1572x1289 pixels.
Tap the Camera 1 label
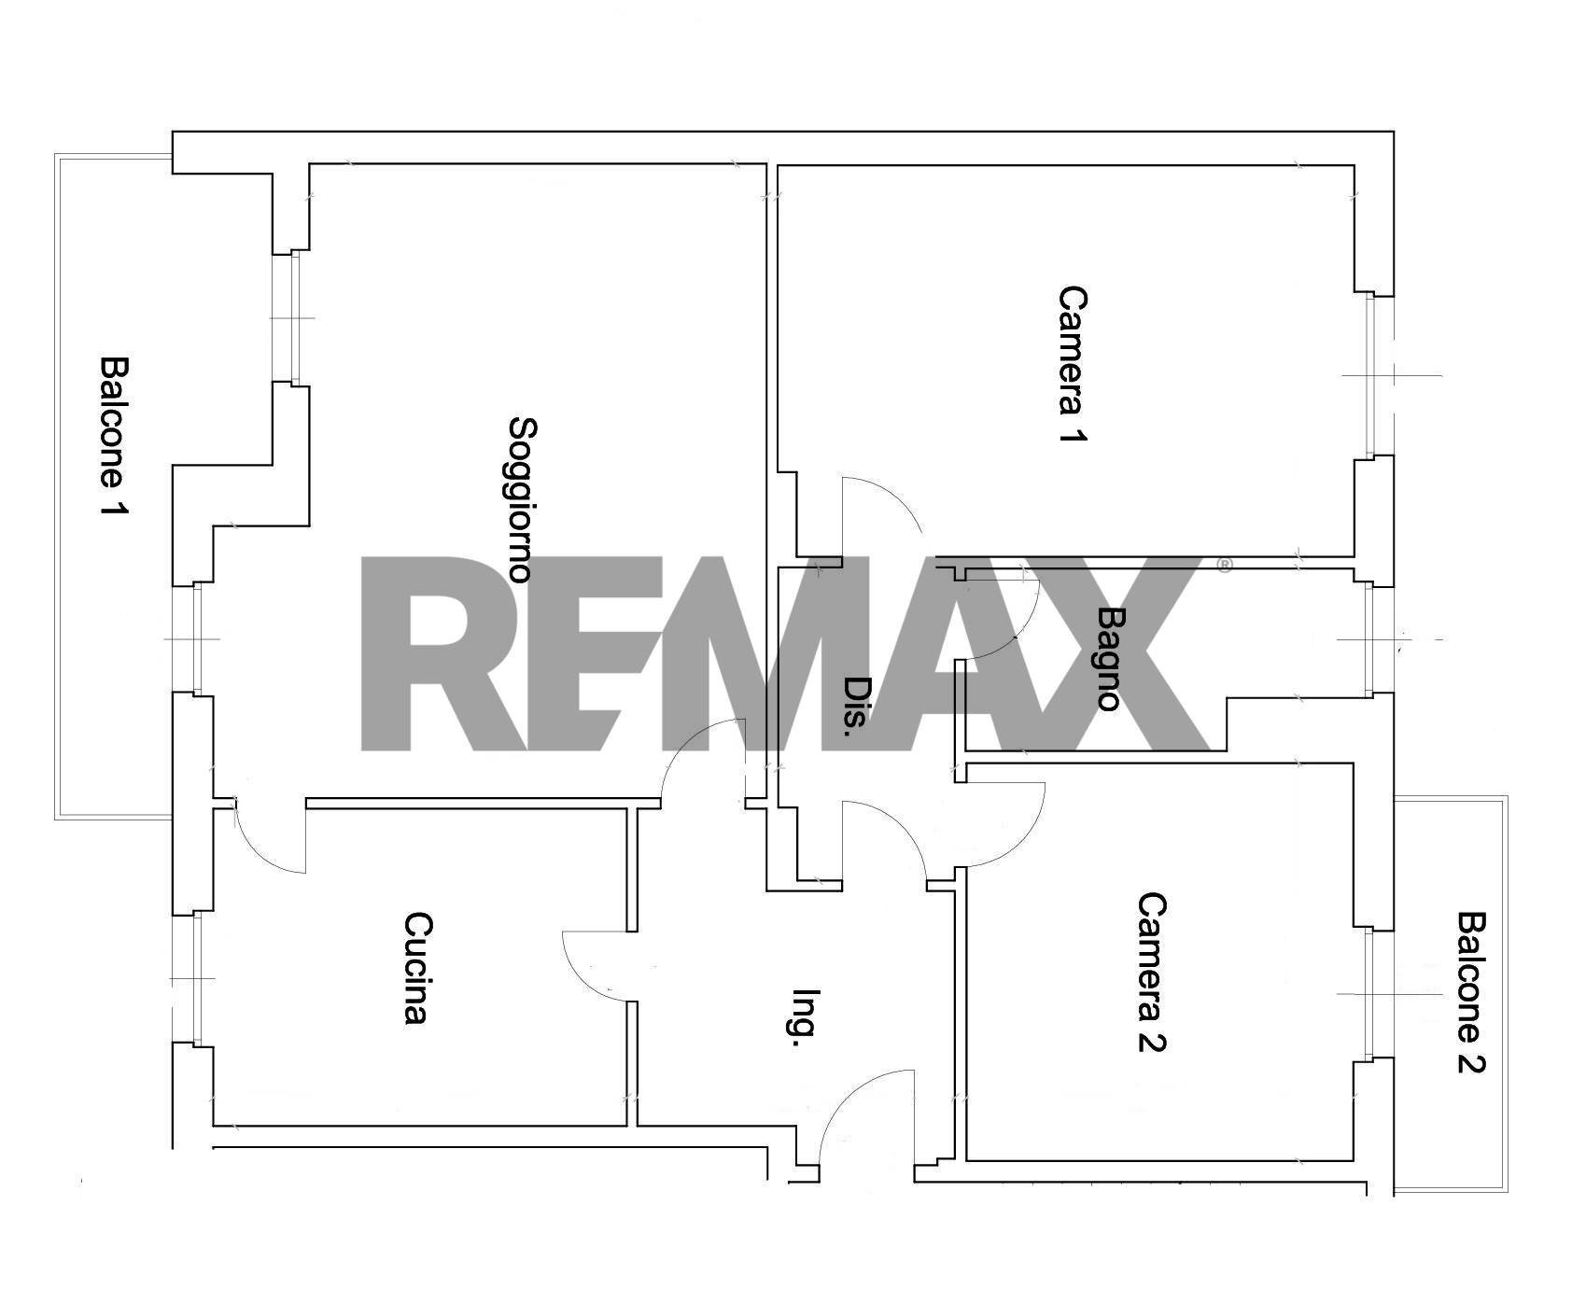(1073, 364)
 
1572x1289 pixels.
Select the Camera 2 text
(1152, 972)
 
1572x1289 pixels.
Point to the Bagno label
(1109, 659)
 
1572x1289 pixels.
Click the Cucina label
(417, 968)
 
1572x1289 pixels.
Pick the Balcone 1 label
(114, 437)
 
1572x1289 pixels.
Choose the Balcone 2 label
(1471, 992)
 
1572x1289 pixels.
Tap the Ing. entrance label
(805, 1018)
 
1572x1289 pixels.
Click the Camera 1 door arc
(895, 495)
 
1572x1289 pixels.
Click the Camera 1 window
(1372, 375)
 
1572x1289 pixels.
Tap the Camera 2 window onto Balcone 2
(1372, 994)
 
